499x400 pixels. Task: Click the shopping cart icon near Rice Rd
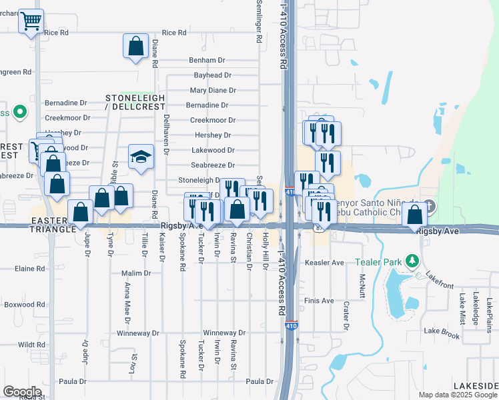click(x=30, y=22)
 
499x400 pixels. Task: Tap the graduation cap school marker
click(x=141, y=157)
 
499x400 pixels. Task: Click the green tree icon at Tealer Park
click(x=413, y=261)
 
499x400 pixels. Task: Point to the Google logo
click(x=22, y=391)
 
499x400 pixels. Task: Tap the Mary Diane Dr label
click(x=213, y=90)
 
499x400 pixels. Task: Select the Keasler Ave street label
click(x=324, y=263)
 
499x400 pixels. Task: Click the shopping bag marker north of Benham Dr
click(x=135, y=47)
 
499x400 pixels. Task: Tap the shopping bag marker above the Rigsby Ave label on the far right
click(x=415, y=215)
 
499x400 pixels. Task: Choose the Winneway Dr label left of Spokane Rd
click(x=138, y=333)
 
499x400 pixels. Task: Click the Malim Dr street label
click(x=137, y=273)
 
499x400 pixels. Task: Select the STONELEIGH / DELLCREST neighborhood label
click(x=135, y=102)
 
